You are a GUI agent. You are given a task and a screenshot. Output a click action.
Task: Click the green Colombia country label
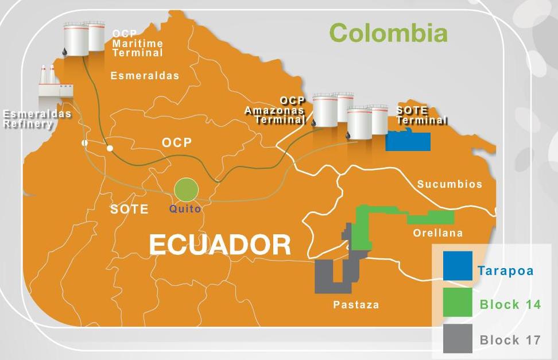coord(389,33)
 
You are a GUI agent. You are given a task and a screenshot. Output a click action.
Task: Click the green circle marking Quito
coord(186,189)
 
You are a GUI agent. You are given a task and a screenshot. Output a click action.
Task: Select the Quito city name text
coord(185,209)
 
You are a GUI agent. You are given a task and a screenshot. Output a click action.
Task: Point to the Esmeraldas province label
coord(145,75)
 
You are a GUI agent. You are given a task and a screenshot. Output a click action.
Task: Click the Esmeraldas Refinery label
coord(37,118)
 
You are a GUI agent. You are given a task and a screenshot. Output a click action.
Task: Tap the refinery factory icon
coord(55,83)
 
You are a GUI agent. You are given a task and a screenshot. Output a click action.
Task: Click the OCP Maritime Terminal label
coord(138,43)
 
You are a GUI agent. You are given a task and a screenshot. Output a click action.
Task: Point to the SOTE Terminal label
coord(421,115)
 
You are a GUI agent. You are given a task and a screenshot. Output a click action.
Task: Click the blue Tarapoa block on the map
coord(408,141)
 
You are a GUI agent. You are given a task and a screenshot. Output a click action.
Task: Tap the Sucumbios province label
coord(449,184)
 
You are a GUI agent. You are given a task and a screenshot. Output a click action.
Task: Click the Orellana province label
coord(438,233)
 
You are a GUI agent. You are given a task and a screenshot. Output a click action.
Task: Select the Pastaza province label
coord(356,305)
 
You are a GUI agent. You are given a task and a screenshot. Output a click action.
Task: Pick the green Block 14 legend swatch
coord(458,303)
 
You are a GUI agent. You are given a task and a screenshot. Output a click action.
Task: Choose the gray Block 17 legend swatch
coord(458,338)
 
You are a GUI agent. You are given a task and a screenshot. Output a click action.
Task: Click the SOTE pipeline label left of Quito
coord(129,209)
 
